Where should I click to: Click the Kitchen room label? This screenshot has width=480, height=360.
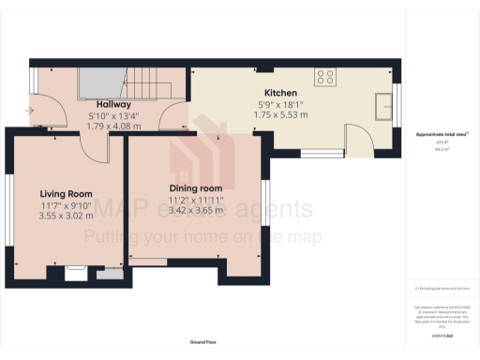(x=280, y=94)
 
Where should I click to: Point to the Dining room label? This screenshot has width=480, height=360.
(x=195, y=188)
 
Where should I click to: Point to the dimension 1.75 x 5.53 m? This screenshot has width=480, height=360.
(x=280, y=114)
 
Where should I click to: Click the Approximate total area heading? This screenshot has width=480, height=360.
(x=442, y=135)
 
